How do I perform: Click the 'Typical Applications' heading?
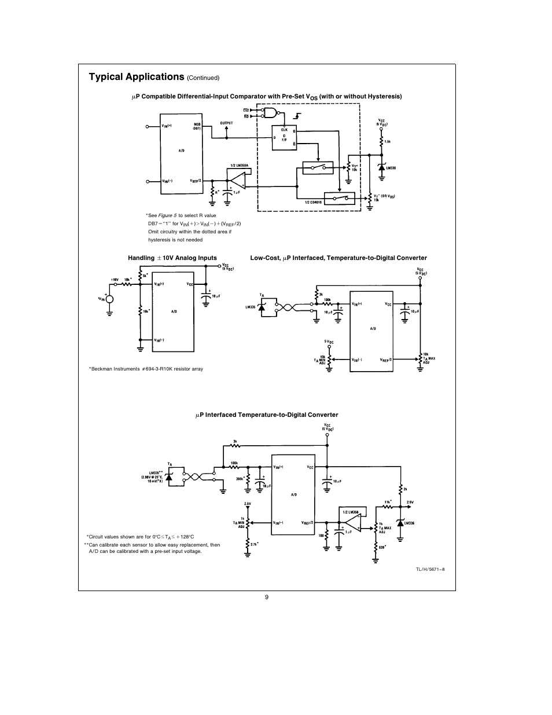coord(136,77)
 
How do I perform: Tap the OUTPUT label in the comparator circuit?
coord(226,123)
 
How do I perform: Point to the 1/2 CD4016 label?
coord(314,201)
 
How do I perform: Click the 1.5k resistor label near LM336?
coord(387,141)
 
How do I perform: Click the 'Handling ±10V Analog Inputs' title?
coord(172,258)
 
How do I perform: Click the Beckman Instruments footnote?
coord(146,369)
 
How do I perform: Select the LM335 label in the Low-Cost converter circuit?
coord(251,307)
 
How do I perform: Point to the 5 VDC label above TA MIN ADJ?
coord(329,342)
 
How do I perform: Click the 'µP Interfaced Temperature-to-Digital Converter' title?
coord(266,415)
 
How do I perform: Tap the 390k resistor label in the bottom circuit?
coord(239,479)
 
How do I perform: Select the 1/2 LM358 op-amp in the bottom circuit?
coord(350,521)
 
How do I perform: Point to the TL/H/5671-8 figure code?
coord(430,569)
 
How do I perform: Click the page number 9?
coord(267,597)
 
